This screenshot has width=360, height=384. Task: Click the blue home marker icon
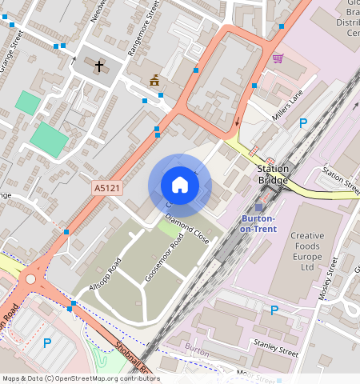tap(180, 185)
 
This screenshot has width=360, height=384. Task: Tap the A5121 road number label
tap(106, 188)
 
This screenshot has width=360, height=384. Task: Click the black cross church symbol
tap(100, 66)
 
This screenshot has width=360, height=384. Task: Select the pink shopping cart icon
tap(278, 58)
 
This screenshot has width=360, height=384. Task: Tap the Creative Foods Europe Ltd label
tap(295, 252)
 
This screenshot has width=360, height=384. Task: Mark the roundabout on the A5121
tap(32, 279)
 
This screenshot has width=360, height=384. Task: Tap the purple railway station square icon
tap(258, 207)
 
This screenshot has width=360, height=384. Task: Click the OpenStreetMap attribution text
tap(80, 378)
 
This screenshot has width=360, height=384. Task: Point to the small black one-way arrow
tap(237, 122)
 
